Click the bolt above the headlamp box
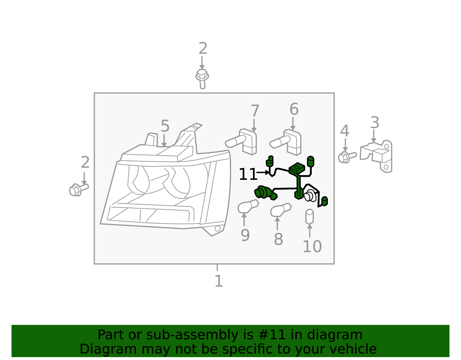click(202, 78)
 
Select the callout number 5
click(165, 126)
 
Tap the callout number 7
click(255, 111)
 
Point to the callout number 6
click(294, 110)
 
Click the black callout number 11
click(247, 175)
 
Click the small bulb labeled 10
click(309, 216)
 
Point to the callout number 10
click(312, 247)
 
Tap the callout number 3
click(375, 123)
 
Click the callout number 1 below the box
click(219, 281)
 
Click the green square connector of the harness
click(297, 168)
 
